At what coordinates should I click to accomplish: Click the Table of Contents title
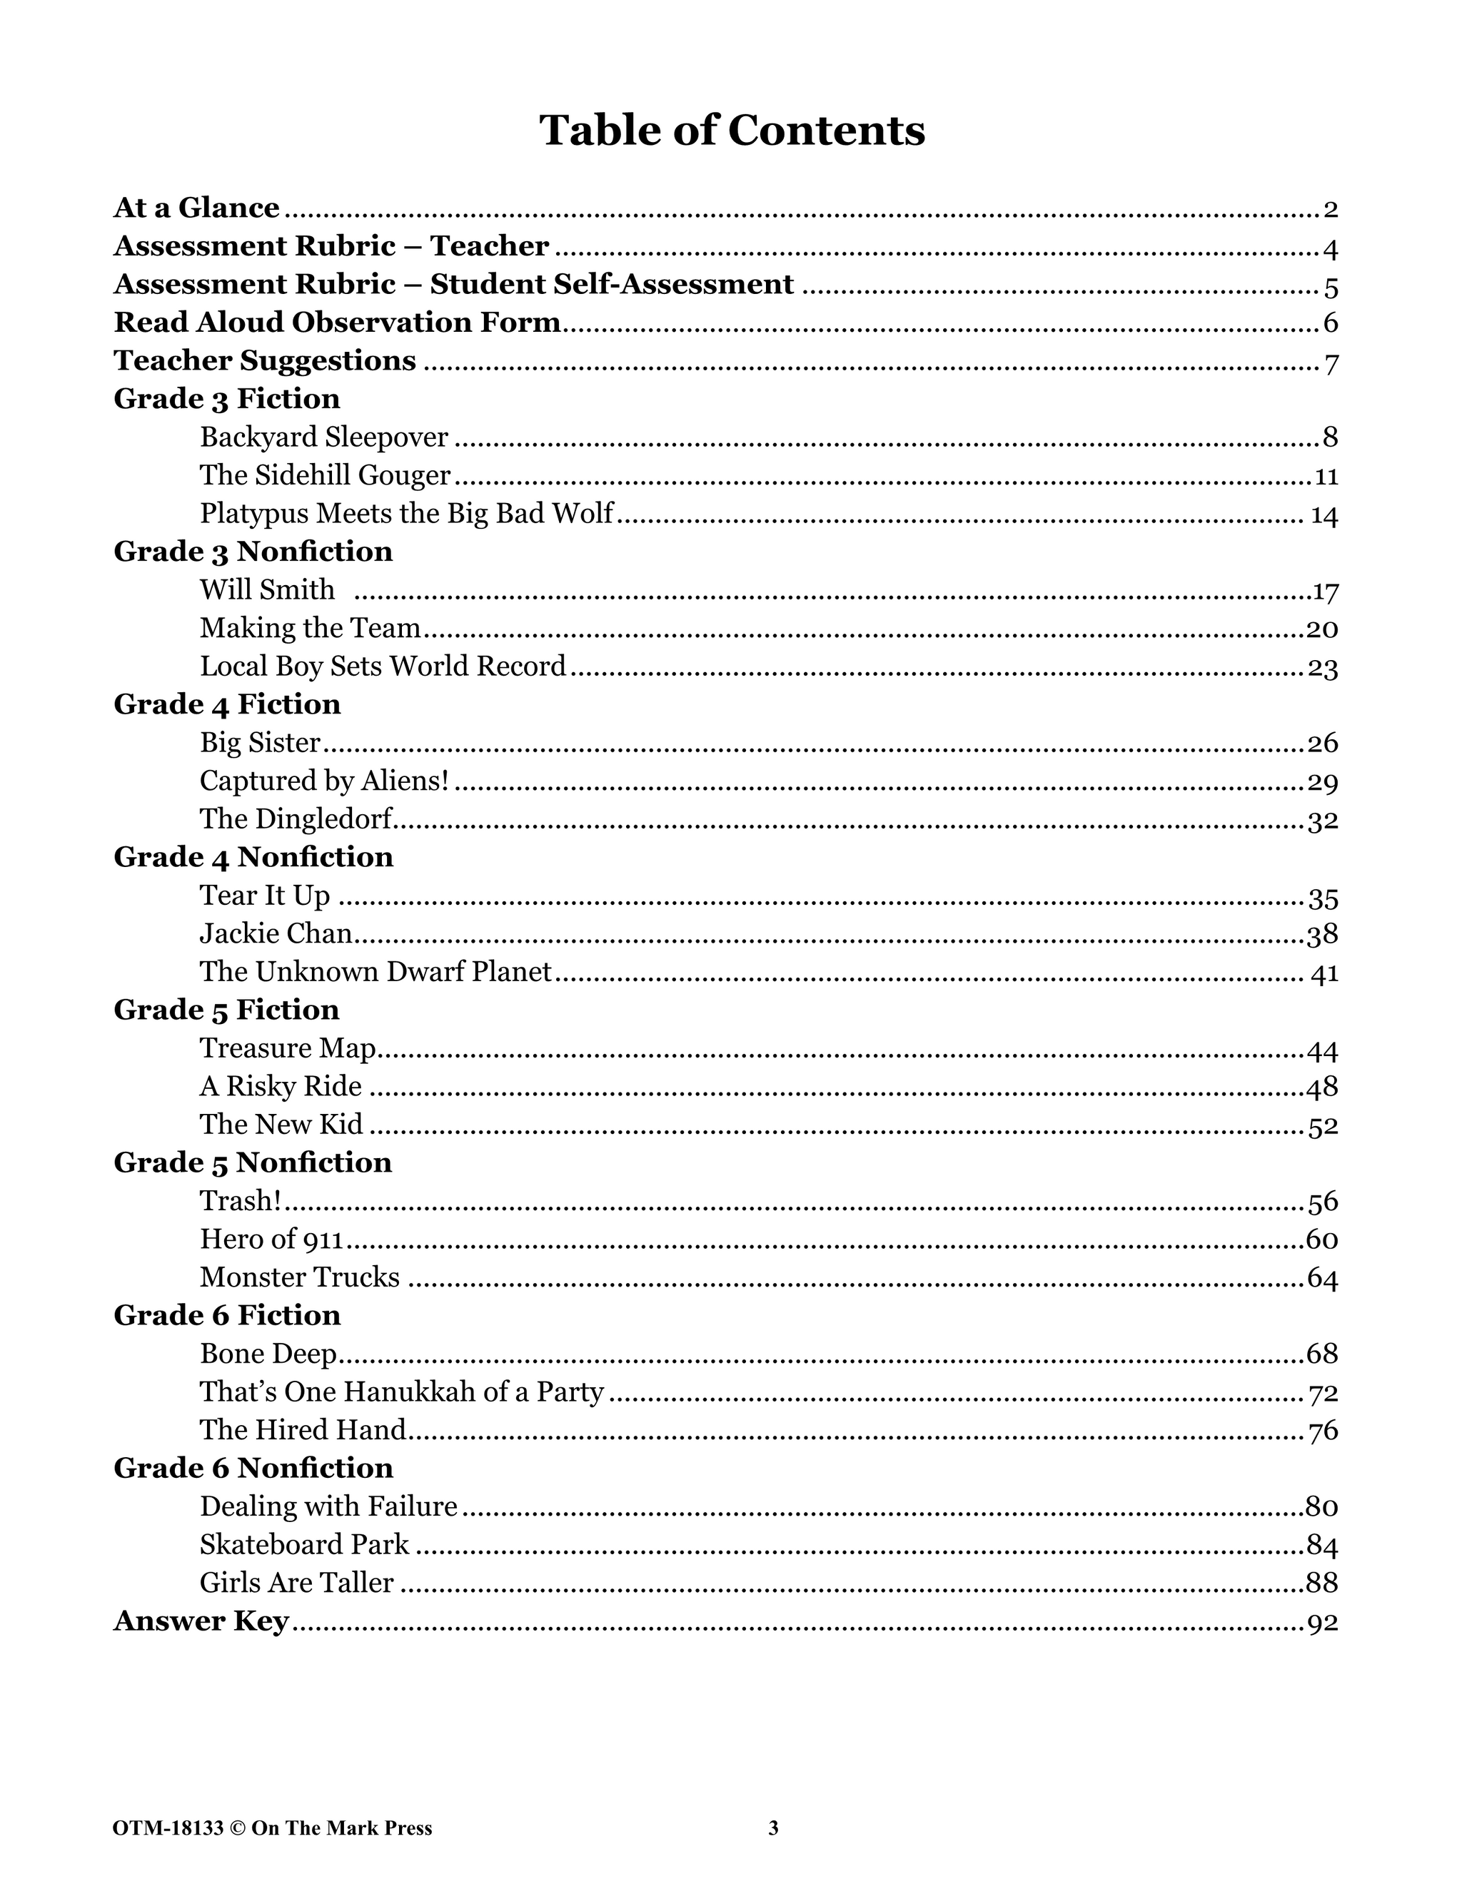click(x=732, y=131)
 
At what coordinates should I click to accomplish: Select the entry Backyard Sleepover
click(x=324, y=437)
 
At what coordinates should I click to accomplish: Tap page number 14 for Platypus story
click(x=1324, y=516)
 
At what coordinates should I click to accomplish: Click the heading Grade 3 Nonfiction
click(x=253, y=552)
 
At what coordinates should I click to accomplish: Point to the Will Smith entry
click(x=267, y=589)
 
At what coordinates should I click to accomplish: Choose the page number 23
click(x=1323, y=669)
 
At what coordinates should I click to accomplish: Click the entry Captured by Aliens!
click(x=324, y=781)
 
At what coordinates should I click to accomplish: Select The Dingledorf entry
click(x=296, y=819)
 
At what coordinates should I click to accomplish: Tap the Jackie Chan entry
click(x=276, y=933)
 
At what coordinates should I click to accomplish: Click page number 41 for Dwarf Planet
click(x=1324, y=974)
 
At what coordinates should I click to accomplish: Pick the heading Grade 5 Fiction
click(x=226, y=1010)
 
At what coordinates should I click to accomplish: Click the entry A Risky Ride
click(x=281, y=1087)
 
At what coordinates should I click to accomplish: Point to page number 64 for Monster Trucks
click(x=1323, y=1279)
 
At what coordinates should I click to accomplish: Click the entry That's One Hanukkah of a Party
click(x=401, y=1391)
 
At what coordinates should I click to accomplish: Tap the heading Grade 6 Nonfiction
click(x=253, y=1468)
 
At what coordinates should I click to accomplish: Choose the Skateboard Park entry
click(x=304, y=1545)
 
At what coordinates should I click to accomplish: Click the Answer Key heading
click(x=201, y=1621)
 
